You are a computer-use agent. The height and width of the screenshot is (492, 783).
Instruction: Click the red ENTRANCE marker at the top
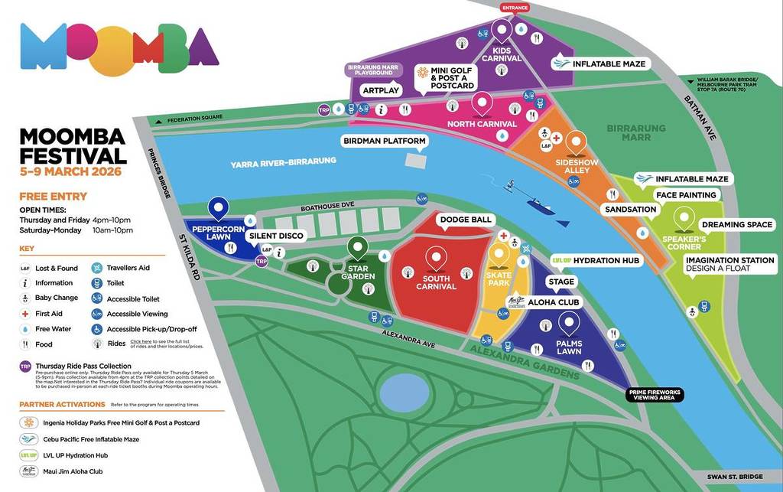pyautogui.click(x=514, y=8)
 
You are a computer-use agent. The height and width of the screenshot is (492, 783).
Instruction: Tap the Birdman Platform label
pyautogui.click(x=383, y=141)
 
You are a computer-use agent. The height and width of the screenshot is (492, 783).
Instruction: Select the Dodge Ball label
pyautogui.click(x=465, y=220)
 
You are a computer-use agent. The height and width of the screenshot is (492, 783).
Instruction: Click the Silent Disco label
pyautogui.click(x=275, y=236)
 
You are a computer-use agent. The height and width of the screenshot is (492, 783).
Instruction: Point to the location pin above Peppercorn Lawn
pyautogui.click(x=219, y=207)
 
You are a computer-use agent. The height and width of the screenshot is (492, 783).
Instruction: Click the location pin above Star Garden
pyautogui.click(x=357, y=247)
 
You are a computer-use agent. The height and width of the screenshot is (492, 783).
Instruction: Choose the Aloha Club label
pyautogui.click(x=554, y=302)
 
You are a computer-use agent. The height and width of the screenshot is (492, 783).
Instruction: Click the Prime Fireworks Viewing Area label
pyautogui.click(x=654, y=395)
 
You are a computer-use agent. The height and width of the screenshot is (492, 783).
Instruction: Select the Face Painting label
pyautogui.click(x=686, y=195)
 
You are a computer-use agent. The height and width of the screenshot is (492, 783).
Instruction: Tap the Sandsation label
pyautogui.click(x=630, y=209)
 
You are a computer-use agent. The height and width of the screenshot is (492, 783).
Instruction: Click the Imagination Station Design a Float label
pyautogui.click(x=729, y=265)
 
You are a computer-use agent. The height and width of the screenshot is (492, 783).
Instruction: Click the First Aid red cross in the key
pyautogui.click(x=26, y=314)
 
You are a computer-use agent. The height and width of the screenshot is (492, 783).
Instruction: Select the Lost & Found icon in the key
pyautogui.click(x=26, y=269)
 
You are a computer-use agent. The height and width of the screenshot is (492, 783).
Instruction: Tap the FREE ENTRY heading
pyautogui.click(x=53, y=196)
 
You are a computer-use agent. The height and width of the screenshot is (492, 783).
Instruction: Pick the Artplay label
pyautogui.click(x=381, y=90)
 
